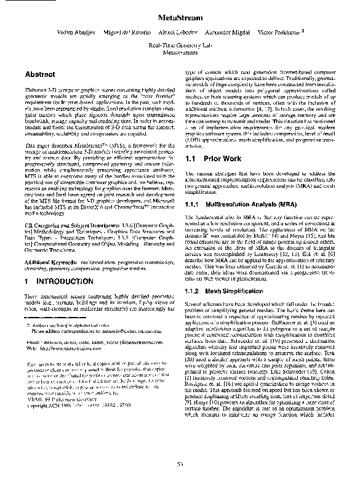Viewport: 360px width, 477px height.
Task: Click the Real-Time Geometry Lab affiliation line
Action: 179,46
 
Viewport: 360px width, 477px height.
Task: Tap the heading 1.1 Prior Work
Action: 212,158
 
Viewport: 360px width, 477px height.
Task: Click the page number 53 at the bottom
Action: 180,463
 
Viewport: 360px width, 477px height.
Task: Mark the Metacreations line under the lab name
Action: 179,54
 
